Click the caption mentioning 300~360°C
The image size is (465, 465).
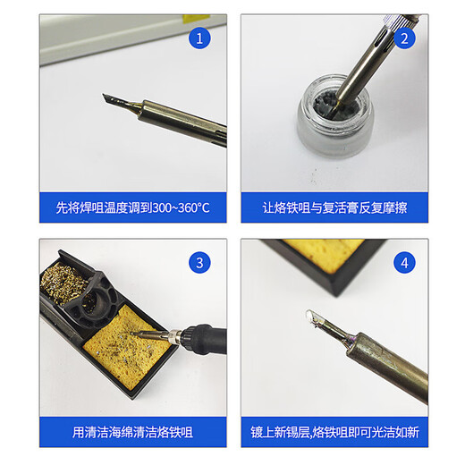pyautogui.click(x=132, y=207)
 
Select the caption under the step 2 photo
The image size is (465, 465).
pyautogui.click(x=334, y=207)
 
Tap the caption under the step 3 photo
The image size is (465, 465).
pyautogui.click(x=132, y=432)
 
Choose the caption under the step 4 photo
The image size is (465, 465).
pyautogui.click(x=334, y=432)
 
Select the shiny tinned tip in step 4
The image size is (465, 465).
pyautogui.click(x=317, y=320)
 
